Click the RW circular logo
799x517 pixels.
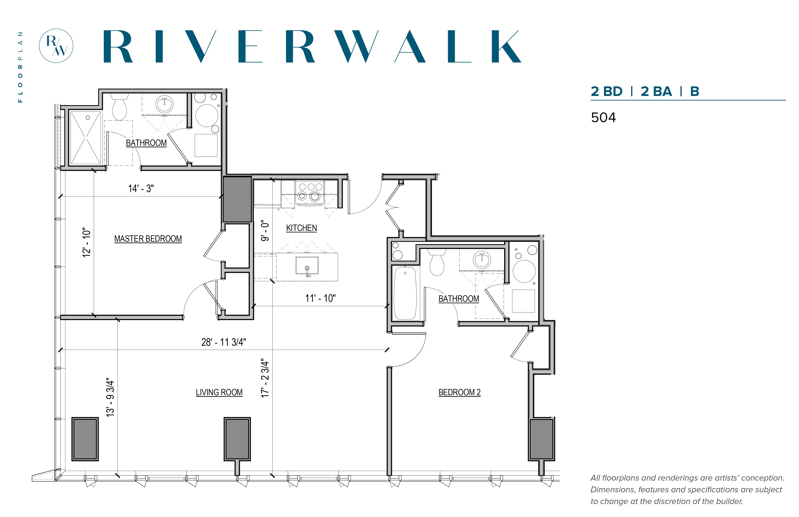click(56, 46)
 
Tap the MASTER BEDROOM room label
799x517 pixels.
click(148, 239)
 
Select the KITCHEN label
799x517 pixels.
click(301, 228)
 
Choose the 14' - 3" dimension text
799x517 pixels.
click(141, 188)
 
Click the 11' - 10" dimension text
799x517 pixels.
click(320, 298)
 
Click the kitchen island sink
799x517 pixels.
click(307, 266)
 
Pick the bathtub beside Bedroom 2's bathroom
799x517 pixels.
click(405, 293)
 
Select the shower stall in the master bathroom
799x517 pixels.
click(86, 138)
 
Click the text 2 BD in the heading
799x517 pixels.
click(606, 91)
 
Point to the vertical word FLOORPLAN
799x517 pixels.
click(20, 67)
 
